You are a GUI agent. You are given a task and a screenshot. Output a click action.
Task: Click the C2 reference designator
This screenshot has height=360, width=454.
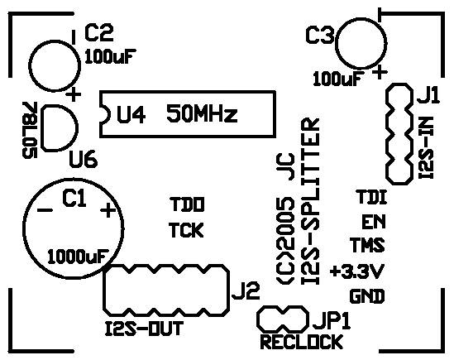pos(99,33)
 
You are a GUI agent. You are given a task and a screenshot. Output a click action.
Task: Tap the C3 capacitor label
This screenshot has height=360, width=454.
pos(320,36)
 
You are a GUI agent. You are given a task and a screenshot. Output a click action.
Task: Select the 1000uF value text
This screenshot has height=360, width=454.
pos(79,257)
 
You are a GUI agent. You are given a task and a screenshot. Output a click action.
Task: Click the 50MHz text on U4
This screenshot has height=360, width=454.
pos(202,113)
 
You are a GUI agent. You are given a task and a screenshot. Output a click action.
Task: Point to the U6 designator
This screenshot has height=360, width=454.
pos(83,160)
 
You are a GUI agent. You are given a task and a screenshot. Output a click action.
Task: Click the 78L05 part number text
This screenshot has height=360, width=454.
pos(30,130)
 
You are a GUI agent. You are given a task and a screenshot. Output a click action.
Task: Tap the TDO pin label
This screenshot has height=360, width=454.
pos(187,204)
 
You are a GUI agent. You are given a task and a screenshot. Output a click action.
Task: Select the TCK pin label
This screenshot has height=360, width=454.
pos(186,230)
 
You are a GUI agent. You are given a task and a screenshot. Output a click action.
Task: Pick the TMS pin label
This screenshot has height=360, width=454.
pos(367,245)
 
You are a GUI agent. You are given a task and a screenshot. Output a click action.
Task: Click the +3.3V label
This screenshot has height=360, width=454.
pos(357,271)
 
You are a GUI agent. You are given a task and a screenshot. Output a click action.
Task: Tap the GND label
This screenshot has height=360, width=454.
pos(367,296)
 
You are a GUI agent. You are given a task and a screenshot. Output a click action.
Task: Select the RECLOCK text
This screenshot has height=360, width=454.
pos(302,342)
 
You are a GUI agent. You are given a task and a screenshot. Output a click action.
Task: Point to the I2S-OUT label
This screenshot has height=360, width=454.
pos(144,329)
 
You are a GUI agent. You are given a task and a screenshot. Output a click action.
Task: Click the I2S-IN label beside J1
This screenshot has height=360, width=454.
pos(426,147)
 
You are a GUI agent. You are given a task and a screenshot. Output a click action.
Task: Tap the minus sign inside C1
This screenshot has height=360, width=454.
pos(45,210)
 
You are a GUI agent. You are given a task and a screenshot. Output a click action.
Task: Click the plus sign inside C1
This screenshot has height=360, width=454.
pos(108,210)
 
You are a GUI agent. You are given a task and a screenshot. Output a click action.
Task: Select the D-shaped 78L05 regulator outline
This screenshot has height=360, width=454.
pos(79,127)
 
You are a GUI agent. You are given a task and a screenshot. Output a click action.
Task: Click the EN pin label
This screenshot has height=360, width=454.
pos(374,222)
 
